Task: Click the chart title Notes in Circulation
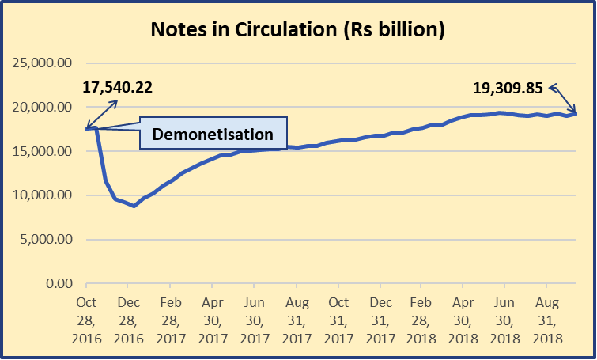coord(298,31)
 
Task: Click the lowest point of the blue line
coord(134,206)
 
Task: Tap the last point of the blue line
coord(576,113)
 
